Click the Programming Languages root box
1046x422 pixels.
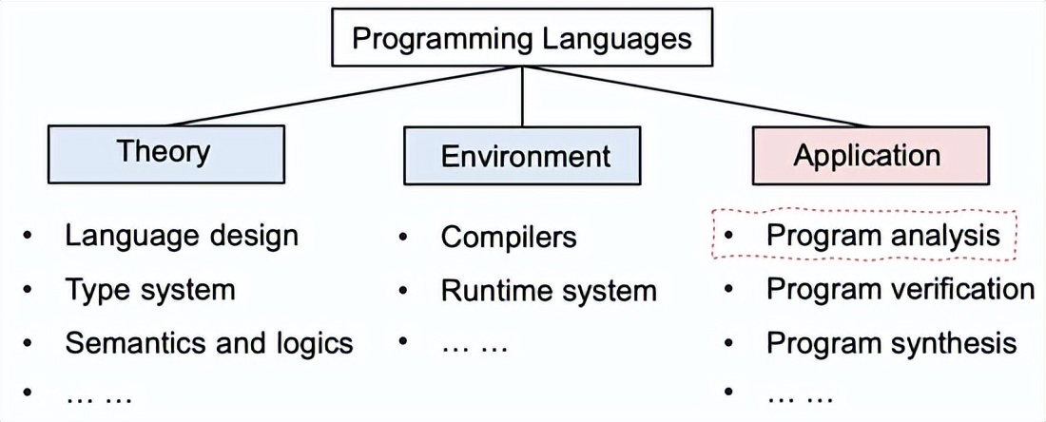(x=522, y=39)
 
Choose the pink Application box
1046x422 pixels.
(x=866, y=155)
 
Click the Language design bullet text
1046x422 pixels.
(x=182, y=235)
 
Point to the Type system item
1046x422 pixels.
(x=149, y=289)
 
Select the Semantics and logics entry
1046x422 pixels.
(x=208, y=342)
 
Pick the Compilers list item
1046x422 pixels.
(x=509, y=237)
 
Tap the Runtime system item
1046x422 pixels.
(x=549, y=290)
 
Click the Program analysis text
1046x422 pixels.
(x=883, y=235)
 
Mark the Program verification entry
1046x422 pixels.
(x=900, y=288)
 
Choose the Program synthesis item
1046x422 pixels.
(x=892, y=342)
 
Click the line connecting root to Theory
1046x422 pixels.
(x=342, y=97)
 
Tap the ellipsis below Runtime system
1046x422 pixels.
(x=475, y=343)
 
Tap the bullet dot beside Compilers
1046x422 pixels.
(x=405, y=237)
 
